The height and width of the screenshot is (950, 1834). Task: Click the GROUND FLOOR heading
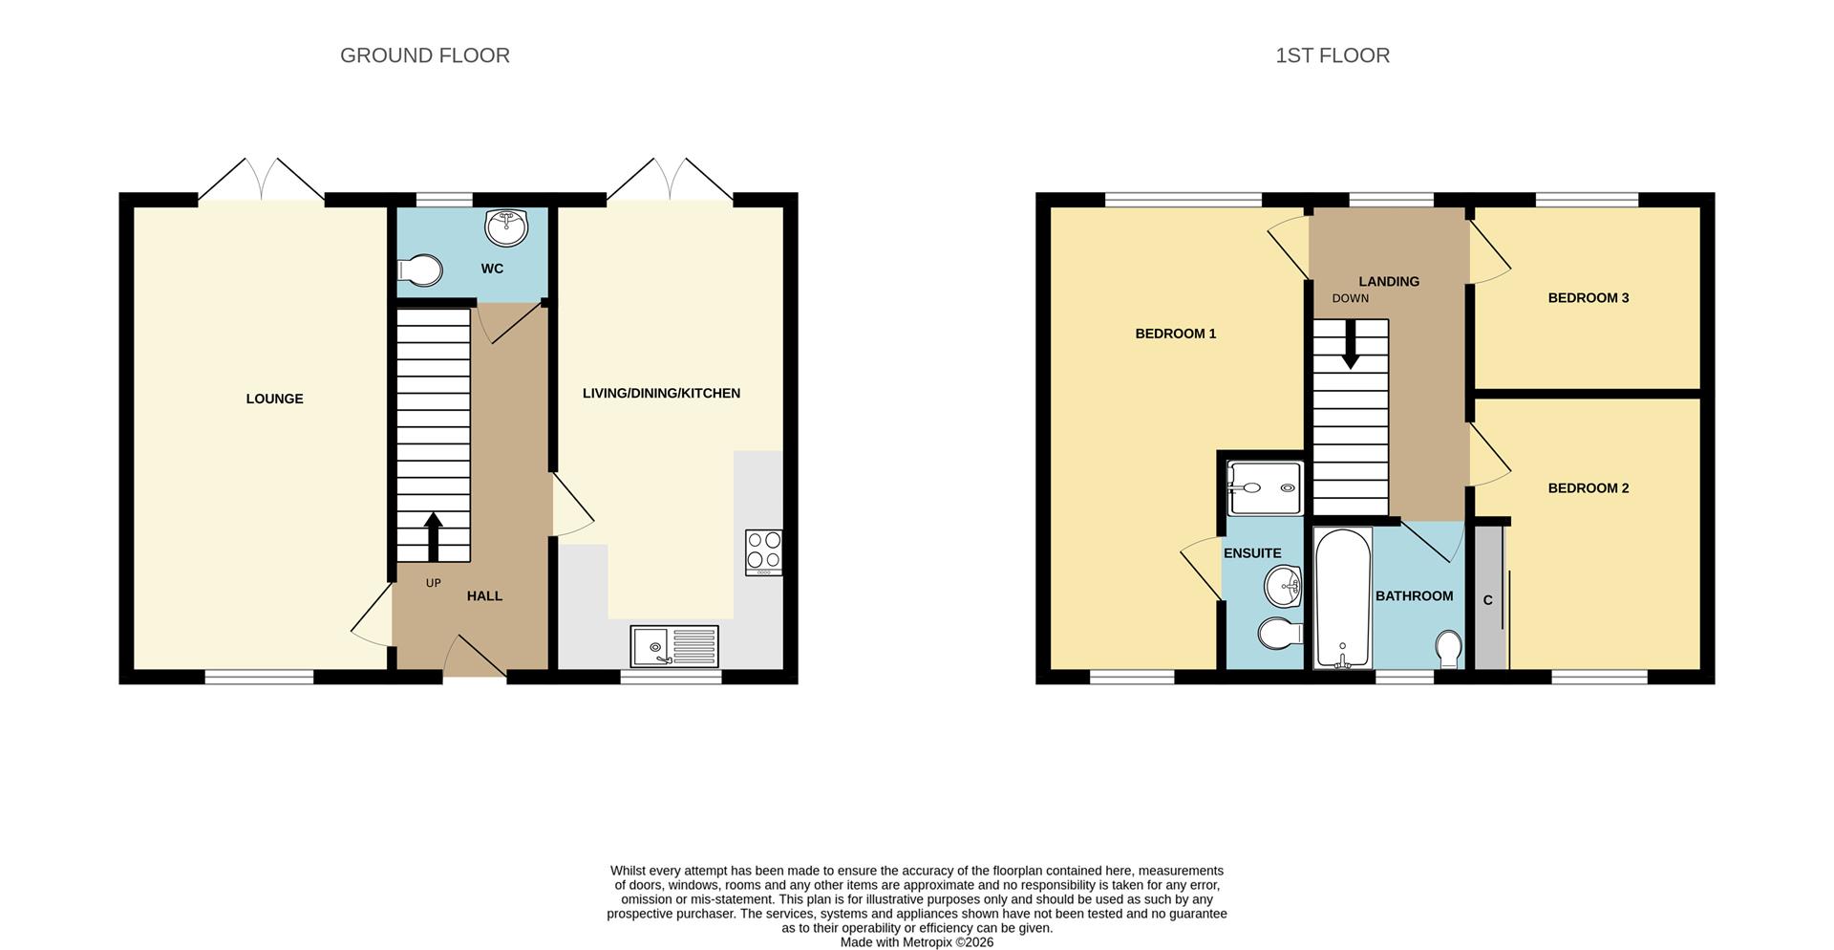424,55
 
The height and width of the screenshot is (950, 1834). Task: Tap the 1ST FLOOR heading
1332,55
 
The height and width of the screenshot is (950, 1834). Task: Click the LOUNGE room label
274,399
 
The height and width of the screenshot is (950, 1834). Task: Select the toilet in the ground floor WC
419,270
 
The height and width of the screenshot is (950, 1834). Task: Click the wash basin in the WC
506,227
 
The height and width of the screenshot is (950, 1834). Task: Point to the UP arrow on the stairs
433,535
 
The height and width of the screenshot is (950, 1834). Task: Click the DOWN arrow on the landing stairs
1350,345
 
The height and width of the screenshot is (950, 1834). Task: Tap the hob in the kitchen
763,551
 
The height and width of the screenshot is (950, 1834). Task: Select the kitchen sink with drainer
673,646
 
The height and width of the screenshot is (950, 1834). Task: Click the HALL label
484,595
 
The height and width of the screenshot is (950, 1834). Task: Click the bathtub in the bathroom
1342,597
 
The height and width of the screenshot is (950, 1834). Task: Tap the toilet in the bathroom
1448,649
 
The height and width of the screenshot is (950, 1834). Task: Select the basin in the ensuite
1283,585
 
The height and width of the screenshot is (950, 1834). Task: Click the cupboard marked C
1488,600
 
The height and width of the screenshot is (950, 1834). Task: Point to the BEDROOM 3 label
1588,297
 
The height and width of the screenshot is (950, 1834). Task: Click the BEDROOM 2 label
1588,487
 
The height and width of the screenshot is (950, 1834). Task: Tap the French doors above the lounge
261,179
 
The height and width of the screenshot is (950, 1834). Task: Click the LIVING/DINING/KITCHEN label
661,393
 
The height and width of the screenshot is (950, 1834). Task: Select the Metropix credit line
916,942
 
